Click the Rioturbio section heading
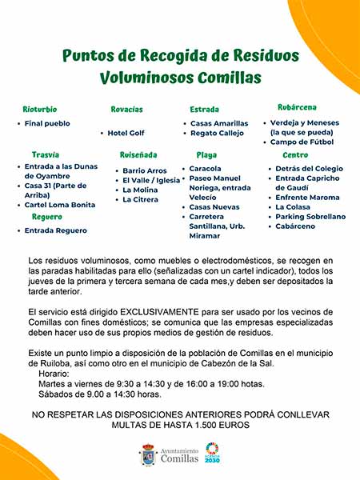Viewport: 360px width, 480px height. (39, 108)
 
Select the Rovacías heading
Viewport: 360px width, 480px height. (126, 108)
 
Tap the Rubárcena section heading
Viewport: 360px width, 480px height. (297, 107)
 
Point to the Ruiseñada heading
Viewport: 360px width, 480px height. (138, 154)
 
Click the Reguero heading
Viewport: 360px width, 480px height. (47, 217)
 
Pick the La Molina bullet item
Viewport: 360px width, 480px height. (139, 190)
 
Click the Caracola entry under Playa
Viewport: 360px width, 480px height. (206, 169)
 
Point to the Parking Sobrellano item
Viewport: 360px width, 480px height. (310, 217)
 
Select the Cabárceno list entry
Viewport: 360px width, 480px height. (295, 226)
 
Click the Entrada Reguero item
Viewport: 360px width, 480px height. (56, 230)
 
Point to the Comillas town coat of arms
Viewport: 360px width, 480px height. (147, 454)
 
